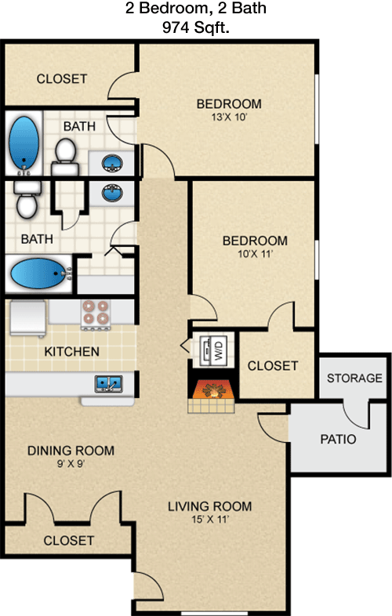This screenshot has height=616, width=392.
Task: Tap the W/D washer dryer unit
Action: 213,350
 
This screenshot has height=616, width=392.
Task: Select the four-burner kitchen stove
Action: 95,314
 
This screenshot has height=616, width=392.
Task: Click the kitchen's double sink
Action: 108,383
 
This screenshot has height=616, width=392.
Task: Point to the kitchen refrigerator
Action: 27,318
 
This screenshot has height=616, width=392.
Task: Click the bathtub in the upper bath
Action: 24,144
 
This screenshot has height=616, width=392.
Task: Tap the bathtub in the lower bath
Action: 39,274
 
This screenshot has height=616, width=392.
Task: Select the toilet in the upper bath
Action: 65,157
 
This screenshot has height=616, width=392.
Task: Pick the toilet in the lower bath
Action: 27,200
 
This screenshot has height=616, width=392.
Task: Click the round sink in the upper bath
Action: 112,163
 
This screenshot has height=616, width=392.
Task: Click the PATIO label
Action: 338,439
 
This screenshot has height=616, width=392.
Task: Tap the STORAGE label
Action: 354,378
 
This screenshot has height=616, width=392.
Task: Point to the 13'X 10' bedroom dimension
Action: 229,117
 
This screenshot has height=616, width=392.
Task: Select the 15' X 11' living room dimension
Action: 210,520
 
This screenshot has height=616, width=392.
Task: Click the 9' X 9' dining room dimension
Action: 71,464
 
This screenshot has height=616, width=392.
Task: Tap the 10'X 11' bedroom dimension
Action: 255,254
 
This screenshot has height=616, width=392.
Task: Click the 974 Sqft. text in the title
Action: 196,27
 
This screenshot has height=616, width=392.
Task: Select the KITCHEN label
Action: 71,351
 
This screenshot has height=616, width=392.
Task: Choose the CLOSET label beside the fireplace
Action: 273,366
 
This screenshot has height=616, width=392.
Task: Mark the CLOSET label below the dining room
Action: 69,541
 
